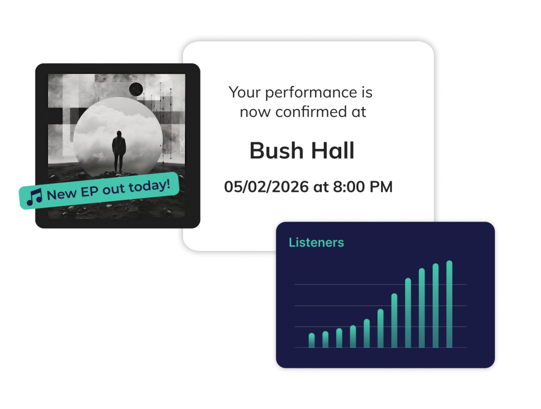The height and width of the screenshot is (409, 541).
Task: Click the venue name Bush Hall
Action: [302, 150]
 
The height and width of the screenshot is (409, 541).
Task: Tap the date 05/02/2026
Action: [266, 187]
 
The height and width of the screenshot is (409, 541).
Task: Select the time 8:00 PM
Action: [362, 187]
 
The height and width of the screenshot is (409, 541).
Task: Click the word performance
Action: [311, 93]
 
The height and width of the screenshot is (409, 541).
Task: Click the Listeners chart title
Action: [316, 243]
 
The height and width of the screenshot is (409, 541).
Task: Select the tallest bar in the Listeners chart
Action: [449, 304]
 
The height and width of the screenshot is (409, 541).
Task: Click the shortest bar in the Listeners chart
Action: [312, 340]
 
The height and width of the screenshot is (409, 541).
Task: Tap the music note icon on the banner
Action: [34, 197]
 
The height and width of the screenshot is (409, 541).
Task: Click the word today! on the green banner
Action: [150, 186]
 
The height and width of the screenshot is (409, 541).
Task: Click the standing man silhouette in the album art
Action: [119, 151]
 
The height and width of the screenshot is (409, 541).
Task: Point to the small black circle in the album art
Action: [136, 90]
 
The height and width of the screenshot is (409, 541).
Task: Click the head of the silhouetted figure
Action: [119, 134]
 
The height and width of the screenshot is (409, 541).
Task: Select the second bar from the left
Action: [325, 339]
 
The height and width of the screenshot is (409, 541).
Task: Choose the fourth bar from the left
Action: [353, 336]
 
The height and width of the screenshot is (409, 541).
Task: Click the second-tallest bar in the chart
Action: [435, 305]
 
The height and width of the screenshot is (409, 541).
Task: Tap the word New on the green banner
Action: [62, 195]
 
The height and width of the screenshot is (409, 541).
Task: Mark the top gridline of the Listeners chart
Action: [380, 284]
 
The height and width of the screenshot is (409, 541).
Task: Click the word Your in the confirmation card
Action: [244, 92]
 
